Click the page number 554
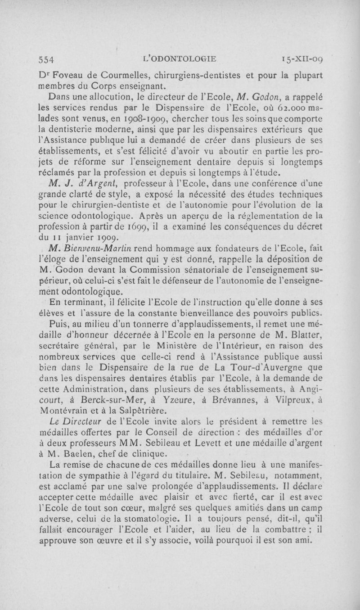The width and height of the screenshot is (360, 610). [46, 59]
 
